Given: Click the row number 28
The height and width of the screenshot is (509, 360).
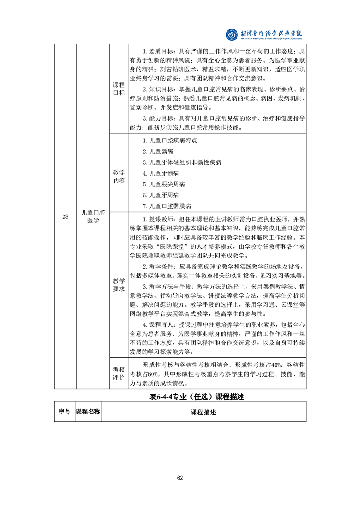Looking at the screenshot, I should (x=65, y=216).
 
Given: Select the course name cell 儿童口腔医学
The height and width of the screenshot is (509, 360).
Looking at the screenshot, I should (x=93, y=216).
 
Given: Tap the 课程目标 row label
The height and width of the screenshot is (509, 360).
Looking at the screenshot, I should (x=118, y=89).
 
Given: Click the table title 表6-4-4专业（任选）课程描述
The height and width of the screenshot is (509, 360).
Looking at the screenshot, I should (x=197, y=397).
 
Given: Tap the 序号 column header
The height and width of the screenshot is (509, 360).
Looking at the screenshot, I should (x=64, y=412).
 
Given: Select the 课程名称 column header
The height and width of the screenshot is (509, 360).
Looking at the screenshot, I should (x=88, y=412).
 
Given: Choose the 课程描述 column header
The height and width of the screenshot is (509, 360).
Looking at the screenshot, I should (x=203, y=412).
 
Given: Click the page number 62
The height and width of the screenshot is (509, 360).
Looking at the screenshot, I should (x=180, y=477).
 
